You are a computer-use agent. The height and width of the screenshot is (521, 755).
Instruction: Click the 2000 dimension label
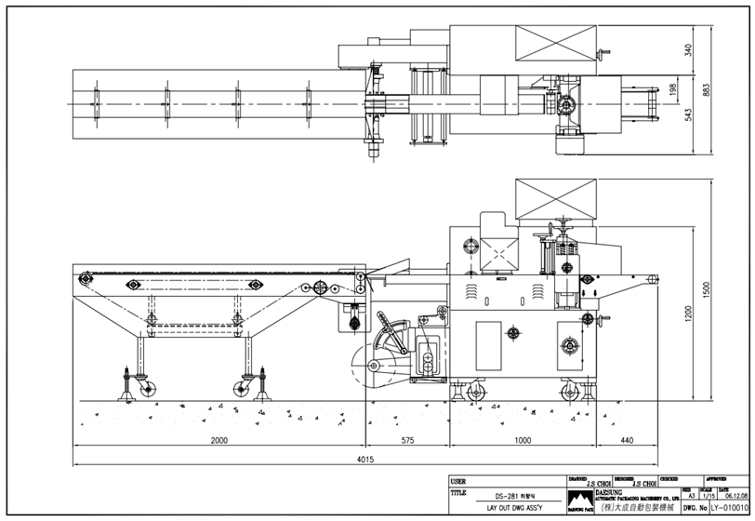tap(219, 440)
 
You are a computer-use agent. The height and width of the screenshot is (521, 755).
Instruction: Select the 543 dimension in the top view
tap(688, 114)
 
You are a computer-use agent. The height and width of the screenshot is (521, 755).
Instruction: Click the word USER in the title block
tap(457, 481)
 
